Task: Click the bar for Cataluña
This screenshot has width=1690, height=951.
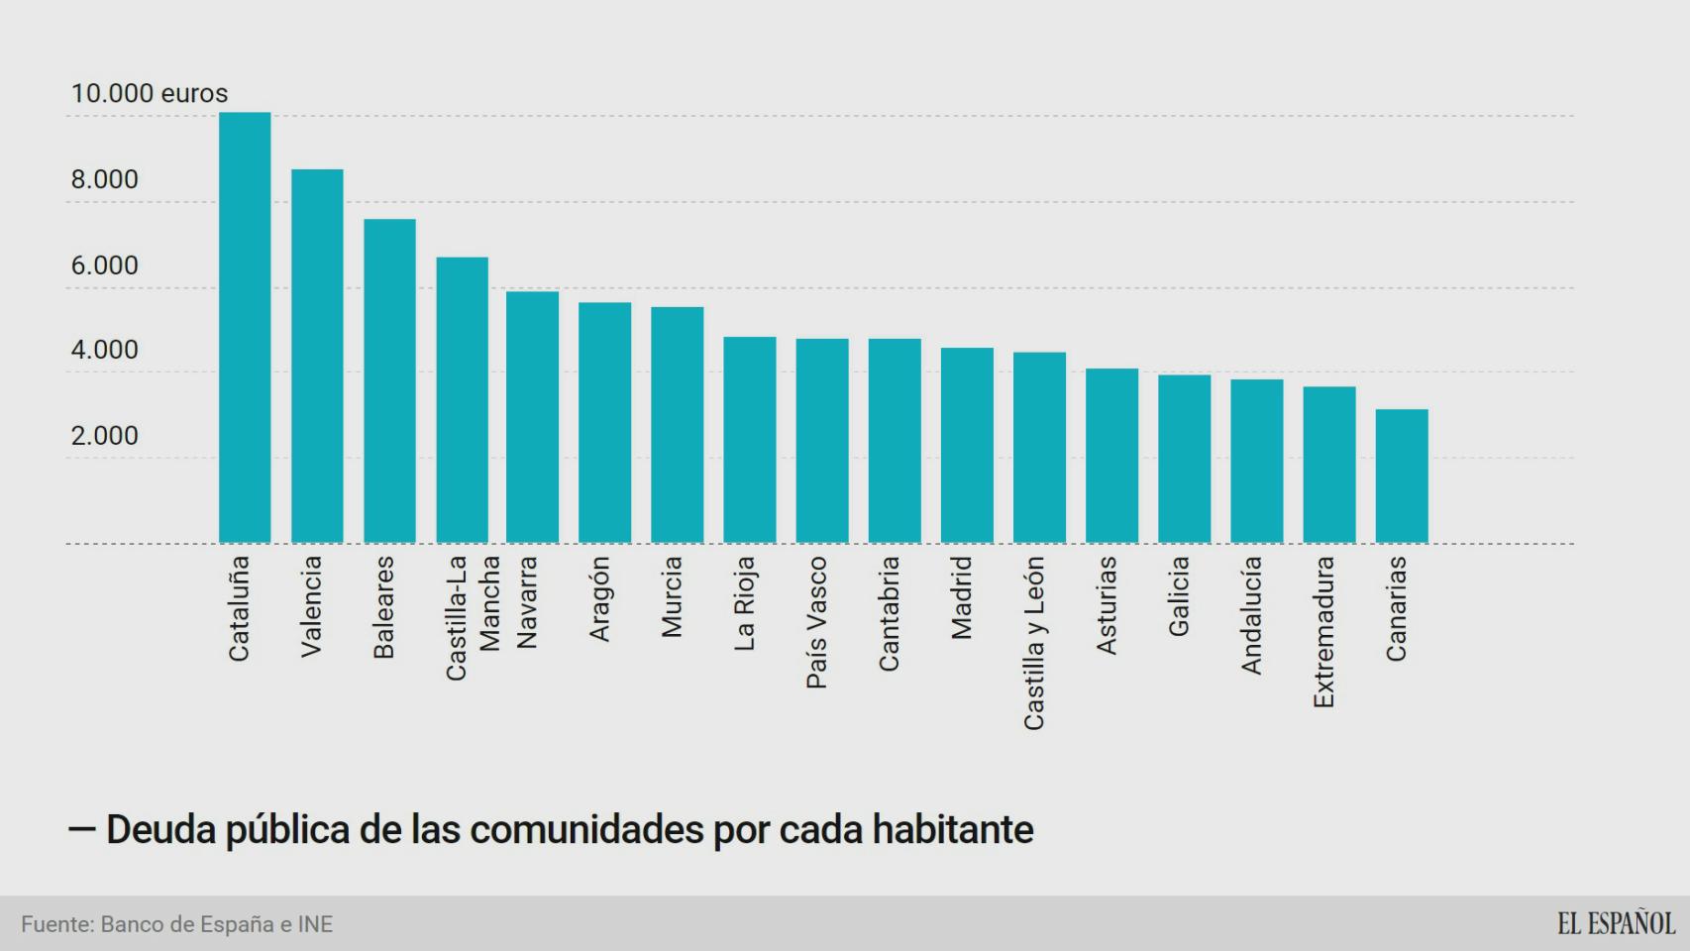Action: pos(245,327)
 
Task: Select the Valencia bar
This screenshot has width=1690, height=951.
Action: pos(317,357)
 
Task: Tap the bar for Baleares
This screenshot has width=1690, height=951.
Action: pos(389,381)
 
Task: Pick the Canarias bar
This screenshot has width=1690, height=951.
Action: pos(1402,475)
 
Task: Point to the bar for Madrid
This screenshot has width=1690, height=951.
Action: pos(967,446)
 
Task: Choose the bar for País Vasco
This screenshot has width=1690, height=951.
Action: pos(822,441)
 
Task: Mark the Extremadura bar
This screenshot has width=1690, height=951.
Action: pos(1329,465)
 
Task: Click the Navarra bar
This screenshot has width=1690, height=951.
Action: pos(532,417)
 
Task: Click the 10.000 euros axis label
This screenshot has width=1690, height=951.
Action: pos(149,93)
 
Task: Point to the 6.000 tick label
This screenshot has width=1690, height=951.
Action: pos(104,265)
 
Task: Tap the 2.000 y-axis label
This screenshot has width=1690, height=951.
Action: pos(104,436)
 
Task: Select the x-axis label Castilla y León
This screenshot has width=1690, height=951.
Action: pos(1034,643)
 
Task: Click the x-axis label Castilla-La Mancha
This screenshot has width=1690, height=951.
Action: pos(472,616)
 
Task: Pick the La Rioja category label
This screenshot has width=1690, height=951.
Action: pos(745,603)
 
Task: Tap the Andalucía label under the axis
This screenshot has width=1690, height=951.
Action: pos(1251,615)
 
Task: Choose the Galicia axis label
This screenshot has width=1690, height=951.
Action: pos(1178,595)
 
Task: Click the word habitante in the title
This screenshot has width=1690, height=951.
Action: pos(952,829)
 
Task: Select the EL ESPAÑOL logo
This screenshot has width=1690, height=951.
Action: pos(1616,923)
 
